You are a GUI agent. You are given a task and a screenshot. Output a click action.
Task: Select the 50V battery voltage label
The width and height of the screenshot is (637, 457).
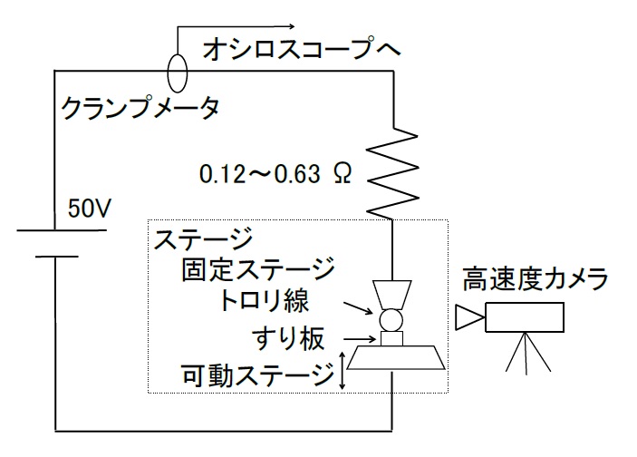(90, 209)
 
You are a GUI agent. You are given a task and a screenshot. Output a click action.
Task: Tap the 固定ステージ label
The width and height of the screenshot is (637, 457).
(257, 269)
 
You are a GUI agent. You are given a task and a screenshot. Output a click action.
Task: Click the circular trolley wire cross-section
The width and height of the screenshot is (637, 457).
(391, 319)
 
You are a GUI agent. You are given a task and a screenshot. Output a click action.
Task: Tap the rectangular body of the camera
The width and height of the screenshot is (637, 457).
(525, 316)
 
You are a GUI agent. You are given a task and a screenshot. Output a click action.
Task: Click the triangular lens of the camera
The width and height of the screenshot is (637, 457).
(469, 316)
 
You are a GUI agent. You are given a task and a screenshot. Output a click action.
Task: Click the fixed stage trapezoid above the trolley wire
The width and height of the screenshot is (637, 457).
(391, 293)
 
